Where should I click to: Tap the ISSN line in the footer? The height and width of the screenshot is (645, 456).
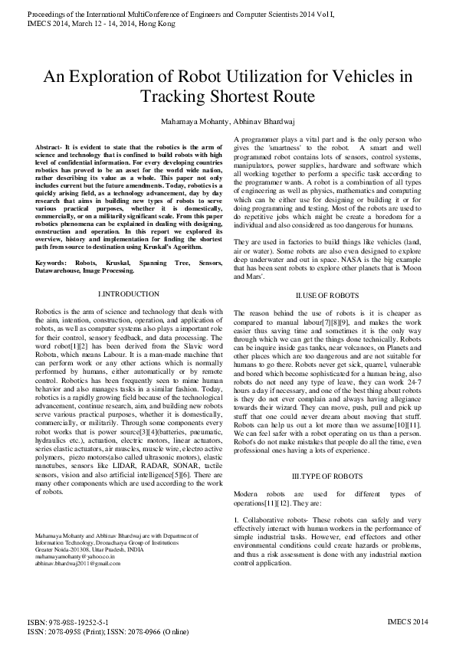pyautogui.click(x=110, y=634)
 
